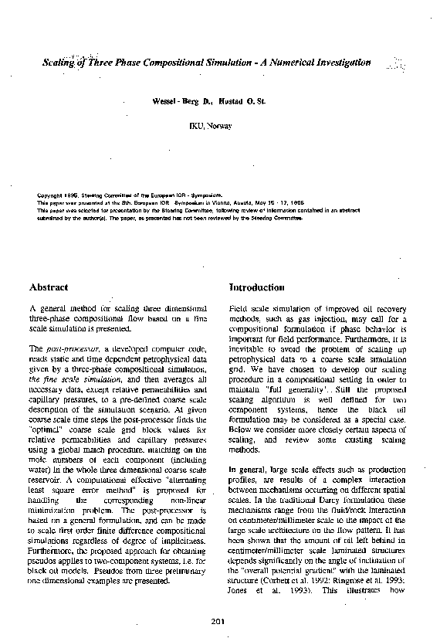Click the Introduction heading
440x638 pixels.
tap(257, 287)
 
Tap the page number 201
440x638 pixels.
tap(216, 622)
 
